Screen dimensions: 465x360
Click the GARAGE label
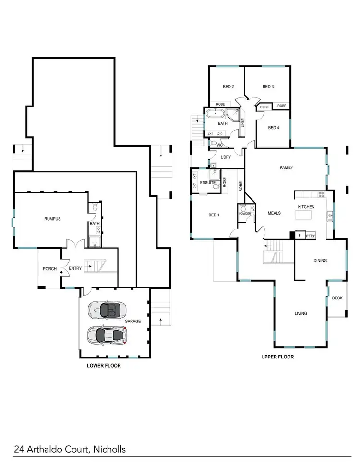click(x=132, y=321)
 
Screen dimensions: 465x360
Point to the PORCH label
click(x=49, y=269)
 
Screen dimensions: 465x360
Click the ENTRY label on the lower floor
click(x=75, y=269)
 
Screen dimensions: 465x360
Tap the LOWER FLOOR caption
click(x=104, y=366)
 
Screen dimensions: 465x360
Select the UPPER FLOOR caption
click(x=277, y=357)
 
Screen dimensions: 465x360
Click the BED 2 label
click(x=228, y=87)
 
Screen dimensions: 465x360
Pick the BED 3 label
click(x=268, y=87)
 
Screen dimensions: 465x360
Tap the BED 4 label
click(x=273, y=128)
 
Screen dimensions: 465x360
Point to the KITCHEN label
click(x=306, y=206)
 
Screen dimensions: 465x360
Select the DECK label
click(x=337, y=298)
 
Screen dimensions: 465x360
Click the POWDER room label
click(x=245, y=214)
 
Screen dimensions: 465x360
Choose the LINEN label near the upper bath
click(x=243, y=122)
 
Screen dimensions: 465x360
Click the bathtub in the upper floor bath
click(x=215, y=114)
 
